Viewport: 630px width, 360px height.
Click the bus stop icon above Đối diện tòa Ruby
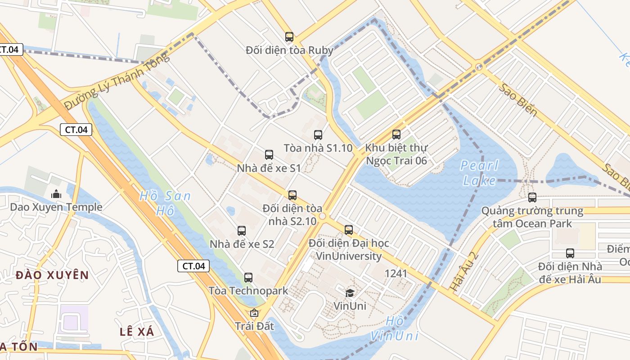[x=289, y=37]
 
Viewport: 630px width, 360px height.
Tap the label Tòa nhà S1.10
[x=318, y=148]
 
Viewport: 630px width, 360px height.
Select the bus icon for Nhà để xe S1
[x=269, y=155]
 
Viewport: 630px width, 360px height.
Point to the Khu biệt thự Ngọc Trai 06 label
[x=396, y=154]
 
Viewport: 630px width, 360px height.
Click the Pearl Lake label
[x=479, y=173]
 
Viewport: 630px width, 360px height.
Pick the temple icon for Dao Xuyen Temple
[x=56, y=194]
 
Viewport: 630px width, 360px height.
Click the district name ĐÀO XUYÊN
[x=52, y=274]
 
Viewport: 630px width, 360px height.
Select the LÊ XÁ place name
[x=137, y=332]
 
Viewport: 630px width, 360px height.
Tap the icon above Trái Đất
[x=254, y=312]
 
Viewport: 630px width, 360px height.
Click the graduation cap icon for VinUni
[x=350, y=293]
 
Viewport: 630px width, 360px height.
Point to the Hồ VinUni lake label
[x=395, y=328]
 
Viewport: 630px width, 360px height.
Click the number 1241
[x=396, y=273]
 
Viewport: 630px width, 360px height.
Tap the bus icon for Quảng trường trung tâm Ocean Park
[x=532, y=197]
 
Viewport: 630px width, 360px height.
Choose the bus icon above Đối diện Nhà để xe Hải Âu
[x=570, y=253]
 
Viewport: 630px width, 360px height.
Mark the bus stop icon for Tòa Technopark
[x=248, y=278]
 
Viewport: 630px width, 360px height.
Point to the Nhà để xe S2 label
[x=242, y=244]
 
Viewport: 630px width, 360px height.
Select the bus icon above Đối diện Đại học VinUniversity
[x=349, y=230]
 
